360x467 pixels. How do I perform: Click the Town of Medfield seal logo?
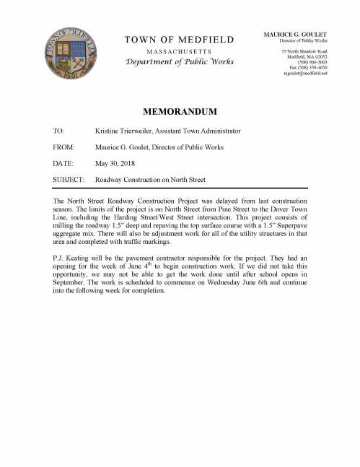click(69, 53)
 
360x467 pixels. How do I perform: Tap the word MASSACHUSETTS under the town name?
click(179, 53)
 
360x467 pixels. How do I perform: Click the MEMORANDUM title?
click(180, 113)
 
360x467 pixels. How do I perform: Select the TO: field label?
click(59, 130)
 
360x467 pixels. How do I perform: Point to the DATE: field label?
click(64, 164)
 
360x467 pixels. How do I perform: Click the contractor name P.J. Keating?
click(74, 256)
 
